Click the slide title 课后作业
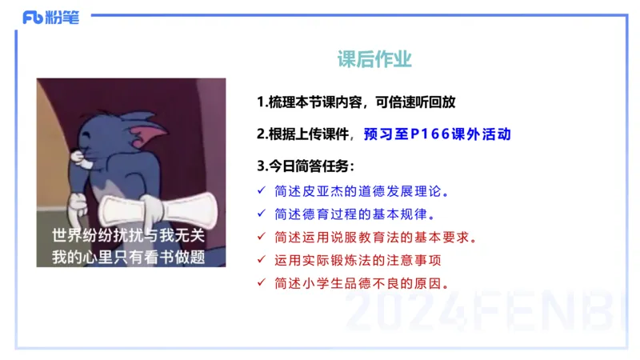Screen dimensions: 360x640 coord(374,60)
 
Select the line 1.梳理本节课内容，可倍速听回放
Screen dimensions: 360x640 coord(361,102)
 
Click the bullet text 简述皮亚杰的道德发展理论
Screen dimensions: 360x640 coord(362,191)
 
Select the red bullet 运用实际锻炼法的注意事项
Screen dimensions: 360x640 coord(357,260)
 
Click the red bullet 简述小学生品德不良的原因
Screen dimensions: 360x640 coord(362,283)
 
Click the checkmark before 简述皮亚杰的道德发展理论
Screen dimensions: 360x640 coord(262,191)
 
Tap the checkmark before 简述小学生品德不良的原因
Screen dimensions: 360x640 coord(262,283)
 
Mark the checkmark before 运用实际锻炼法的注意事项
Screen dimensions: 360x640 coord(262,260)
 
